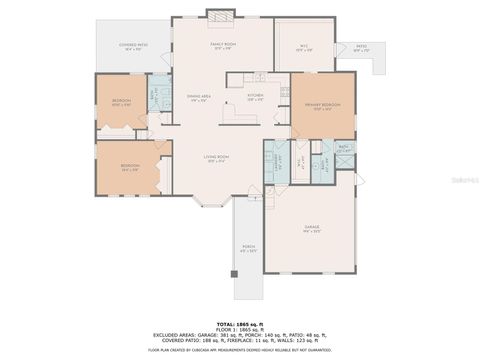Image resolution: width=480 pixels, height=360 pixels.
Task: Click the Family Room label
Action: (x=222, y=45)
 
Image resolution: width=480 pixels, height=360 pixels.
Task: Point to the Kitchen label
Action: (x=255, y=97)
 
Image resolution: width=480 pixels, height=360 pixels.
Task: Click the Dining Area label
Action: (x=198, y=97)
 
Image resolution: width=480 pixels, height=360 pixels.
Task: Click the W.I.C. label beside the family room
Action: (x=303, y=46)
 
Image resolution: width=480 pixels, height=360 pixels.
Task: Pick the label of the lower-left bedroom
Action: (x=128, y=167)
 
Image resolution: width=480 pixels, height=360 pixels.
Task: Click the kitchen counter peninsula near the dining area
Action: (x=234, y=117)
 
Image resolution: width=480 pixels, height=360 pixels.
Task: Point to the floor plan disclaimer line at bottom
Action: (x=240, y=350)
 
